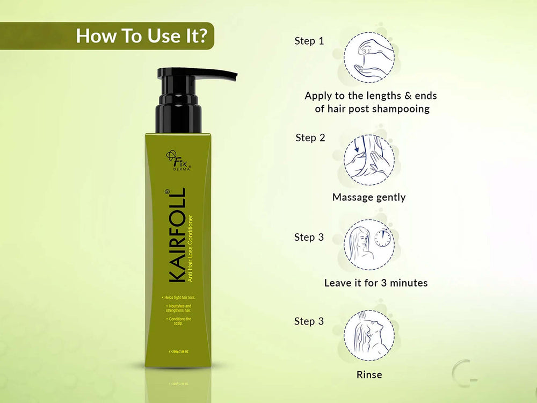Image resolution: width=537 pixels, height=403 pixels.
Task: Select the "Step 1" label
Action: tap(309, 41)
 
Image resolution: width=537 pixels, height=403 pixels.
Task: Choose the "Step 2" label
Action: tap(310, 138)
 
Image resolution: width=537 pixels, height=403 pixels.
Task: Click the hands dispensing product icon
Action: tap(369, 57)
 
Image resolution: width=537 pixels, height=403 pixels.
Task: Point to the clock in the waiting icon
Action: tap(383, 237)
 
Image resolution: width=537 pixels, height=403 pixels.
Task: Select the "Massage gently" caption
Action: tap(369, 197)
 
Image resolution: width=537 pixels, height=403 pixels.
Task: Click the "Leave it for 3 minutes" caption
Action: tap(376, 283)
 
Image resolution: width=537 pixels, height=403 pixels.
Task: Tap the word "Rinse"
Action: tap(369, 375)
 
